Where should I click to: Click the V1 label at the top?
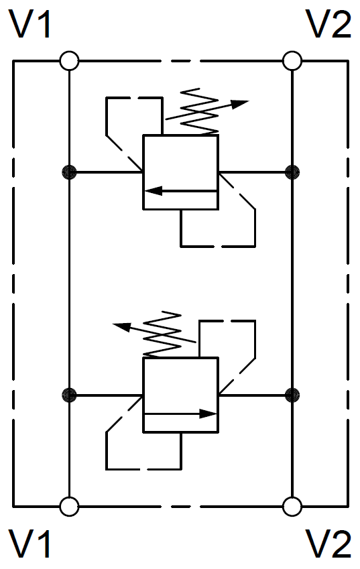(31, 24)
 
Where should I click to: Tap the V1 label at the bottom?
(30, 544)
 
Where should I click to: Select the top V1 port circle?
(69, 60)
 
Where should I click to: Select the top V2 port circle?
(292, 60)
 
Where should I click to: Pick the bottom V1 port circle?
(69, 506)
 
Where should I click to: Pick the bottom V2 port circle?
(292, 506)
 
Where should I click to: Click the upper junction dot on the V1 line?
(69, 172)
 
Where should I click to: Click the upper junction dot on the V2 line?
(292, 172)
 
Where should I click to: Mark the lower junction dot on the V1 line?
(69, 395)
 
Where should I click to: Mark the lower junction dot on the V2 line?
(292, 395)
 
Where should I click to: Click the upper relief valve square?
(181, 172)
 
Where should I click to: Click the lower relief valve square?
(181, 395)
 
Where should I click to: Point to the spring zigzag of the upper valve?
(200, 111)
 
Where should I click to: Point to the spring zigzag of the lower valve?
(162, 334)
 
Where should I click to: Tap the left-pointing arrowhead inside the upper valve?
(153, 190)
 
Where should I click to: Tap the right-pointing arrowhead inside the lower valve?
(208, 414)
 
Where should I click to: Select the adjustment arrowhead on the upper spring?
(239, 104)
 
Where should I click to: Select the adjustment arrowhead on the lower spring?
(122, 326)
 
